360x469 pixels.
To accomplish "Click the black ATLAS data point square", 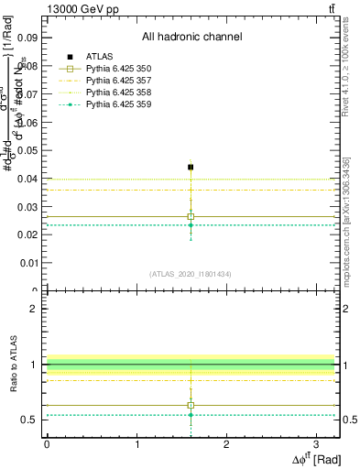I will tap(191, 167).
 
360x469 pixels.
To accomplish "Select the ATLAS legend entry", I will tap(99, 56).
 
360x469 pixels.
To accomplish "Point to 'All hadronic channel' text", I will tap(191, 37).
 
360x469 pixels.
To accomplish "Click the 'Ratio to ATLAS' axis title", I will tap(13, 365).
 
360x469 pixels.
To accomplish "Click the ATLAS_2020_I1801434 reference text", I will tap(191, 274).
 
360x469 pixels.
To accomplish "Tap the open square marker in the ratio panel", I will tap(191, 405).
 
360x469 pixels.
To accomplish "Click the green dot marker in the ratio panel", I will tap(191, 415).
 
